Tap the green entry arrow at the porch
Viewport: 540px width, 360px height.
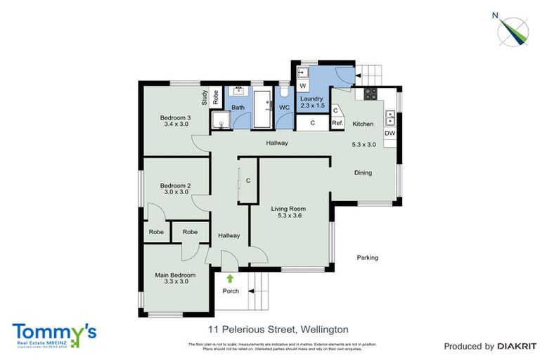pos(230,278)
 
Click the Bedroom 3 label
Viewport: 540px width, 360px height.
pos(175,117)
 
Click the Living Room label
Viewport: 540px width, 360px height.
pos(289,209)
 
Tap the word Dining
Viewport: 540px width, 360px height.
pos(363,172)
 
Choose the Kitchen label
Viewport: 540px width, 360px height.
pos(363,124)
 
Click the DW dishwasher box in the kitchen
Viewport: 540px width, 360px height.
pos(390,134)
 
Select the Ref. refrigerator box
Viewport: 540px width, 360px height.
pos(337,124)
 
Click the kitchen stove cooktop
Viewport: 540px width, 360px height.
pos(370,93)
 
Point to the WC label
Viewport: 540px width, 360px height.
pos(285,108)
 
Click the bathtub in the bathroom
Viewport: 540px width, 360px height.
pos(263,108)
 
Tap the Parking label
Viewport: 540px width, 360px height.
pos(367,257)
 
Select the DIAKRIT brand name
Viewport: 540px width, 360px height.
pos(517,346)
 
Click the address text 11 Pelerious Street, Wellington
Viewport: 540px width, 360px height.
pos(278,329)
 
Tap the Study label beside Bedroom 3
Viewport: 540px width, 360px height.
pos(205,98)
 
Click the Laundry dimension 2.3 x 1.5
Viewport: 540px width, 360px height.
pos(311,105)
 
